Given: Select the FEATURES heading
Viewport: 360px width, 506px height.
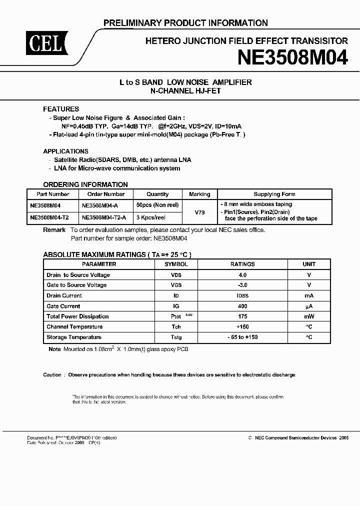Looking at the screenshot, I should pos(61,109).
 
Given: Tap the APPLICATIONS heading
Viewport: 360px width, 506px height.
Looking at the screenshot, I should pos(65,151).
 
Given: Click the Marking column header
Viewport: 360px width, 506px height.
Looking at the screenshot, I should pos(199,194).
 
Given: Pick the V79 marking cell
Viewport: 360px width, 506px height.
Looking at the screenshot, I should pos(199,211).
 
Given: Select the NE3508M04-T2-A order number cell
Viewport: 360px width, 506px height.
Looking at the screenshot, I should pos(103,218).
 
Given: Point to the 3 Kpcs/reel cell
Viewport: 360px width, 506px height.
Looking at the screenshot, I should pos(150,218).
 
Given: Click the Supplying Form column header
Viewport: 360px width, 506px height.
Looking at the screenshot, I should pos(274,194).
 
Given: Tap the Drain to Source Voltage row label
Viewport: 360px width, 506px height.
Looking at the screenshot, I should pos(78,275).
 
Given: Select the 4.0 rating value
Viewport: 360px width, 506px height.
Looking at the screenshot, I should pos(242,275).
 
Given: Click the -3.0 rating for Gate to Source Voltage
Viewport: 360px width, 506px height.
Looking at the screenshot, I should pos(242,285).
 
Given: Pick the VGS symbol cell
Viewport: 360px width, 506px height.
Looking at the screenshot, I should pos(176,285).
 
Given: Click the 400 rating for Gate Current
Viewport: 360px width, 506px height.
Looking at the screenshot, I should pos(242,306).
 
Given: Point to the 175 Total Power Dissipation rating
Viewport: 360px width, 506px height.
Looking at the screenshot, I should pos(242,316).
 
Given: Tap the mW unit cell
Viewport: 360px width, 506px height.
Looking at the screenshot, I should pos(309,316).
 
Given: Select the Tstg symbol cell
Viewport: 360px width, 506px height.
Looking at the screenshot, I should pos(176,337).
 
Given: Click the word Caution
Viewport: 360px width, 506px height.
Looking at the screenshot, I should pos(52,374).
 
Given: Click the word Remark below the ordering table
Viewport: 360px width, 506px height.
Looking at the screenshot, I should pos(54,229).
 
